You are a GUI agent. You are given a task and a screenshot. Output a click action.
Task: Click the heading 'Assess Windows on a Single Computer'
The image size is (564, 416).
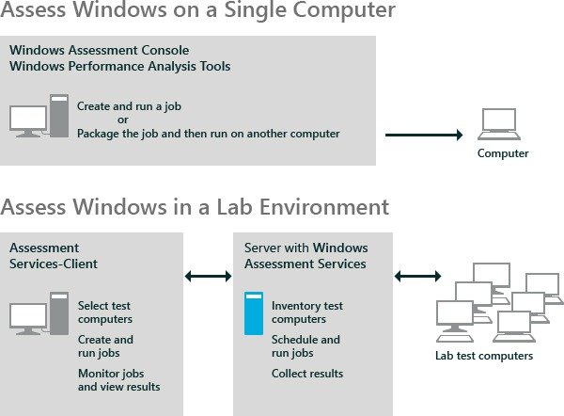click(x=197, y=14)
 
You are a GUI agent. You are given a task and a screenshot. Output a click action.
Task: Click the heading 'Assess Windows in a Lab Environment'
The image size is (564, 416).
click(x=196, y=206)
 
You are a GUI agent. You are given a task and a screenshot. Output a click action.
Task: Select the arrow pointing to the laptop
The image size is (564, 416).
click(x=424, y=135)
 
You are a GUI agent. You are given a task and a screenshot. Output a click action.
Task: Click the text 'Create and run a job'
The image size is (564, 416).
click(x=122, y=106)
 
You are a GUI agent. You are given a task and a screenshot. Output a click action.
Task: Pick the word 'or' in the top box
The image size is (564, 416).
click(x=122, y=120)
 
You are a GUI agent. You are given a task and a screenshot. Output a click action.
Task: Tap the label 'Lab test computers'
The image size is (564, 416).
click(x=483, y=356)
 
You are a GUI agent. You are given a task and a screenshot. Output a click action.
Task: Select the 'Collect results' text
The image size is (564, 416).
click(x=306, y=374)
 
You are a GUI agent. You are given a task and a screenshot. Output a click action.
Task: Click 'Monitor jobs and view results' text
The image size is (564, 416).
click(x=118, y=380)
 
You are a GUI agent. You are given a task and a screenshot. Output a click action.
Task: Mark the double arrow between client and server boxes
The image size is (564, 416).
click(x=208, y=277)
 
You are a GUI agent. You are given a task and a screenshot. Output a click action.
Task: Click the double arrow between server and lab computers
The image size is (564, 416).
click(x=418, y=277)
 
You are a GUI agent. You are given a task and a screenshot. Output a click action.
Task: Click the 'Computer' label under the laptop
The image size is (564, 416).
click(x=503, y=153)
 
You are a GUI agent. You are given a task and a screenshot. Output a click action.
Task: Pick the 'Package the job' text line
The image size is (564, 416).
click(x=208, y=134)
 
